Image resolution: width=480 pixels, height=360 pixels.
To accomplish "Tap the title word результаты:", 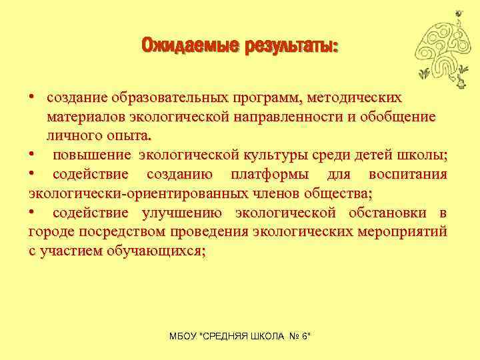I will coord(291,47).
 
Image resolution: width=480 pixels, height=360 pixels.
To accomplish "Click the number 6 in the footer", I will coord(305,337).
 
